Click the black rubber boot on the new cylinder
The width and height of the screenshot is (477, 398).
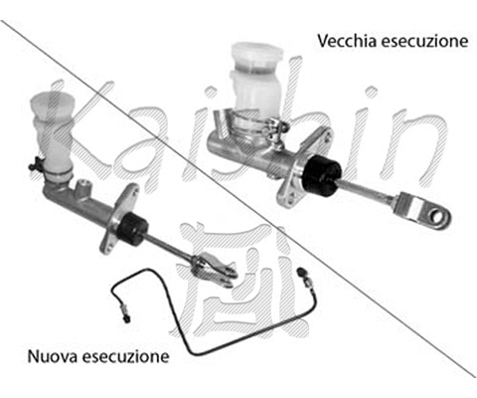[x=131, y=229]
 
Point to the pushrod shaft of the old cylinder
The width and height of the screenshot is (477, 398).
[x=368, y=191]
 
